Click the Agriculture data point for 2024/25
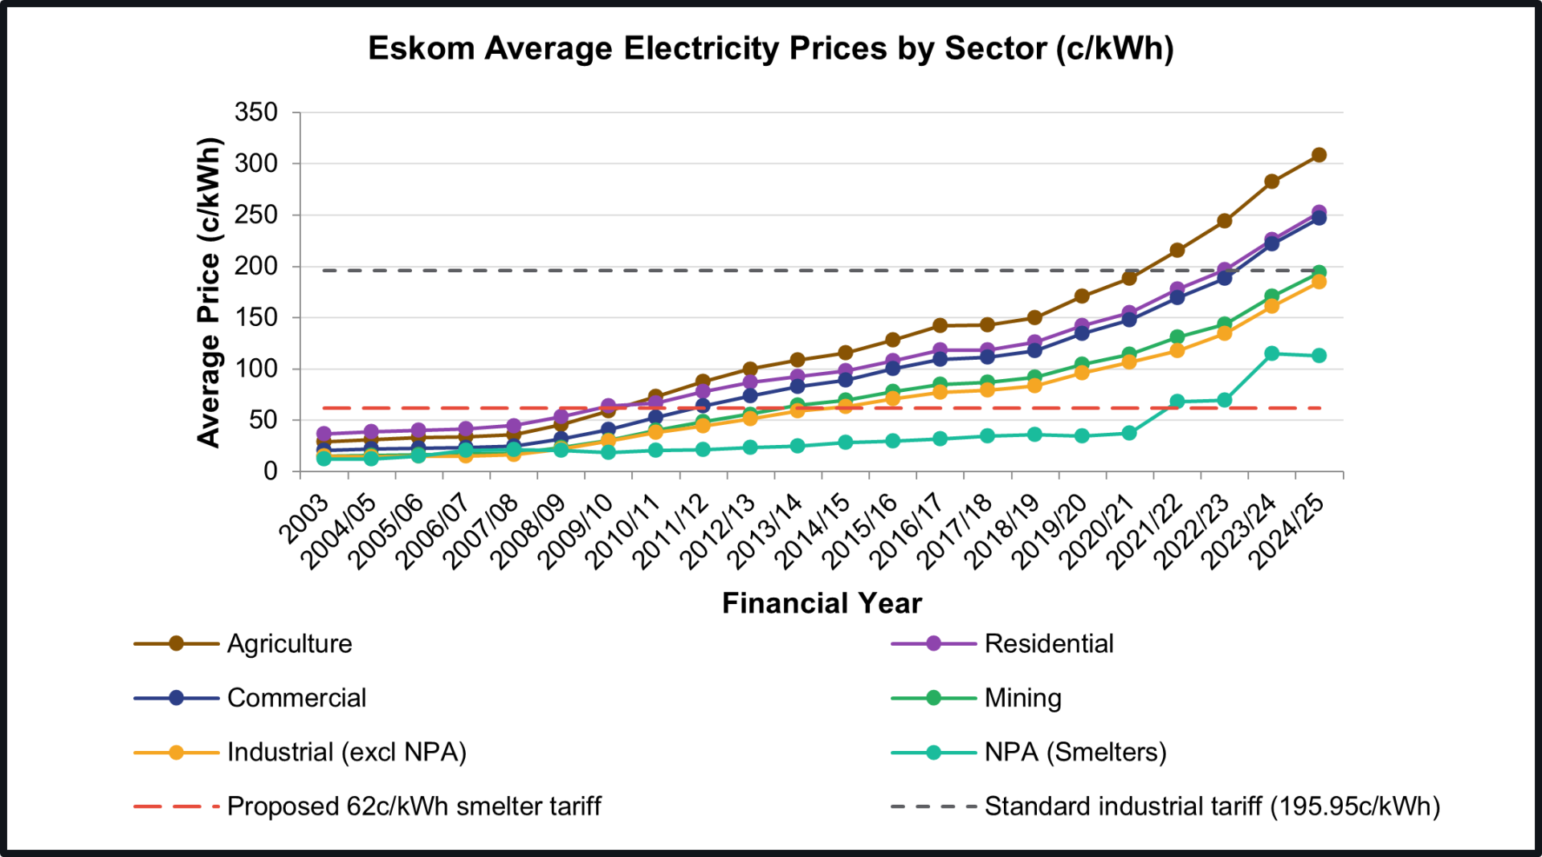1319,155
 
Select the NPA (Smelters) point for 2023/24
1271,353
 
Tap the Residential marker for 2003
324,434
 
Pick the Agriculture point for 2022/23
1224,221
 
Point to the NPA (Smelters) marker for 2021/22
1177,402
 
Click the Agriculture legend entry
289,643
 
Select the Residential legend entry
1048,643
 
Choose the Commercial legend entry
296,697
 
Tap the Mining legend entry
1022,697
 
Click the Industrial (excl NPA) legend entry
346,752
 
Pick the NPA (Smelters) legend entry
1075,752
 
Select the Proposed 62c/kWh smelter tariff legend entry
414,806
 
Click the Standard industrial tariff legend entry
1212,806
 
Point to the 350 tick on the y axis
256,112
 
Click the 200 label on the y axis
256,266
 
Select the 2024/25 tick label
1289,531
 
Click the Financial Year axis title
822,603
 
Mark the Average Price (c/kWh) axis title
209,292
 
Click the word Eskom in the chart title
421,48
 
